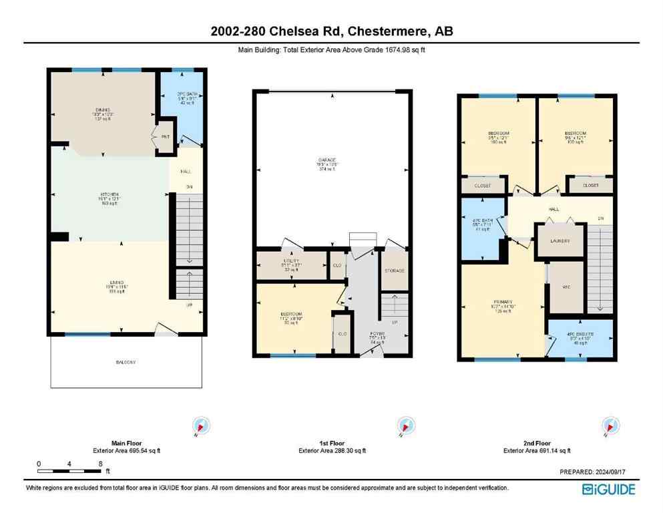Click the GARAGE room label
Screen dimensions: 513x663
point(326,161)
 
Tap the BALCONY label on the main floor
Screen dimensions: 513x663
point(126,362)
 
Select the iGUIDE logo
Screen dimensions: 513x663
point(608,489)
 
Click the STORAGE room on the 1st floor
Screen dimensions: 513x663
point(394,270)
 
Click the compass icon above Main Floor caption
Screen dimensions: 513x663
point(201,425)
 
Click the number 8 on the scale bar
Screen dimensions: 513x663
point(99,464)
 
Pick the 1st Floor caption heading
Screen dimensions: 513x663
point(331,443)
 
